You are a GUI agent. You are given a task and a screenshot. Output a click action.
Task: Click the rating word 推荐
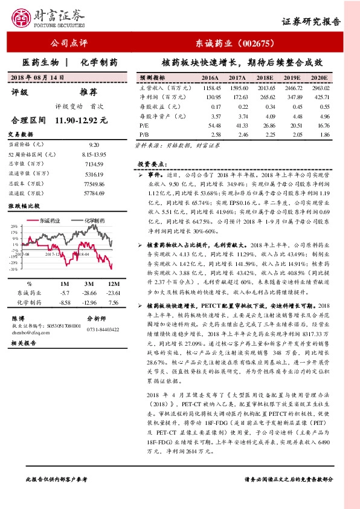click(88, 92)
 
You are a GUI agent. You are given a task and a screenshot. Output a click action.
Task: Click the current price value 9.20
click(94, 145)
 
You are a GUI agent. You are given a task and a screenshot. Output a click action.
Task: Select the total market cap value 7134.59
click(94, 164)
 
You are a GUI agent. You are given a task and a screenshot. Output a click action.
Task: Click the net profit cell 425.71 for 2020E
click(321, 97)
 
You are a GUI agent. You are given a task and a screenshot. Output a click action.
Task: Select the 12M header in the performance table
click(113, 284)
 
